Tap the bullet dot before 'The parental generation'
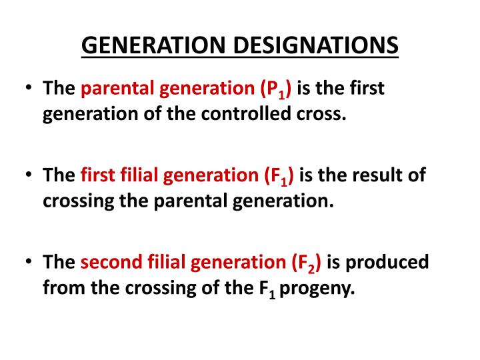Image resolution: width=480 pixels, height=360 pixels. point(28,89)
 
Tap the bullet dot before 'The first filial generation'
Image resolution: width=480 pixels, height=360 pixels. point(28,175)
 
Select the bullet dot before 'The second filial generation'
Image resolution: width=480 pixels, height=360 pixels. point(28,262)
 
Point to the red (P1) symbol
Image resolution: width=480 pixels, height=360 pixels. point(279,89)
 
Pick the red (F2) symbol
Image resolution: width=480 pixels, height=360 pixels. point(306,263)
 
